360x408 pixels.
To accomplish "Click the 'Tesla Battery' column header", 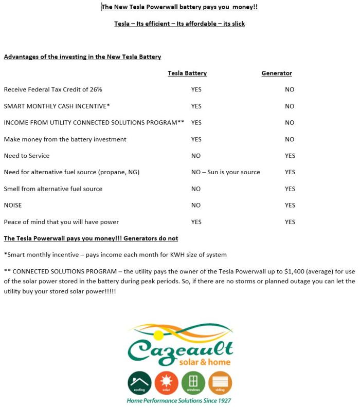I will [187, 73].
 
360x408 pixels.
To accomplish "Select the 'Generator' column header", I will [277, 73].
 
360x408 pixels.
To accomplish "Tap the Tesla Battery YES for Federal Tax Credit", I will [196, 89].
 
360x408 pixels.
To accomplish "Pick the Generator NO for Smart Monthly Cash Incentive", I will [290, 106].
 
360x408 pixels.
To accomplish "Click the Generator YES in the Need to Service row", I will [290, 156].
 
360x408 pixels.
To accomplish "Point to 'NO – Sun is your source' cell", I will [225, 172].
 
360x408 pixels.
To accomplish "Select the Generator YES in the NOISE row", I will [290, 206].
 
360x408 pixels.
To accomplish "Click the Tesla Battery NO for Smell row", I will [196, 189].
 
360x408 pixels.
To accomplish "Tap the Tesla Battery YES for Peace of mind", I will [196, 222].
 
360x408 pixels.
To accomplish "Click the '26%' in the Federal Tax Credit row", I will [96, 89].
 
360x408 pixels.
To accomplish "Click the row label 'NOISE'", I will [13, 206].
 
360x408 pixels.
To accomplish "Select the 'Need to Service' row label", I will [27, 156].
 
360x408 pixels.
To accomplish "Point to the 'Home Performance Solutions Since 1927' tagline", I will [179, 400].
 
